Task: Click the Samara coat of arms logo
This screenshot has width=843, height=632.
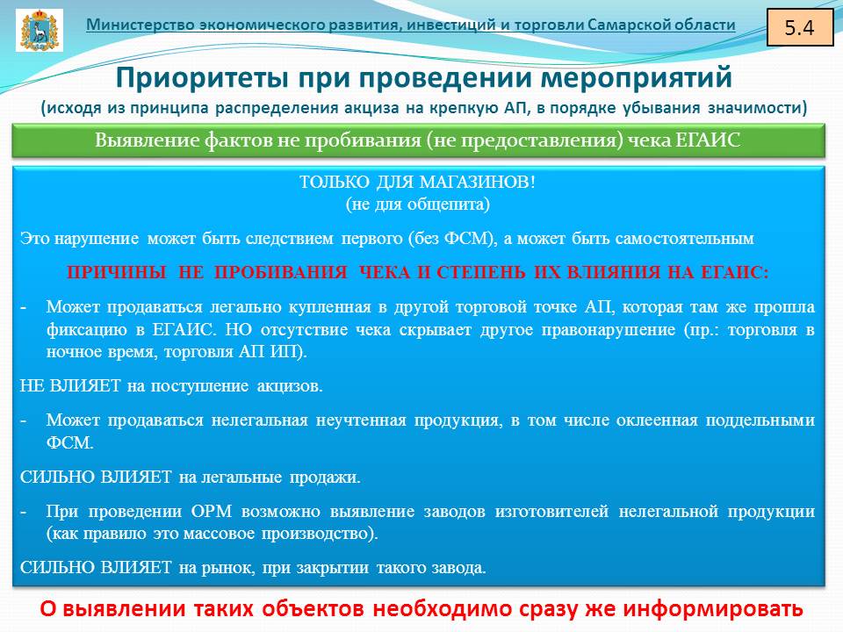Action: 40,30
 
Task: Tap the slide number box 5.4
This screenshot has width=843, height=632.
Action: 799,27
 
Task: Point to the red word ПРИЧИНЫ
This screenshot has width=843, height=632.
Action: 116,272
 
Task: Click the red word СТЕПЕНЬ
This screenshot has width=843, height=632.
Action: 481,272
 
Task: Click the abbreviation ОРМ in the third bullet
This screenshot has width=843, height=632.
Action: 212,511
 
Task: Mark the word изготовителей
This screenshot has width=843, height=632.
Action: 551,511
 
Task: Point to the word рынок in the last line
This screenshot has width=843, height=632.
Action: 228,568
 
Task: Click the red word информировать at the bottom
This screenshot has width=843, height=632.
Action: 713,609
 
